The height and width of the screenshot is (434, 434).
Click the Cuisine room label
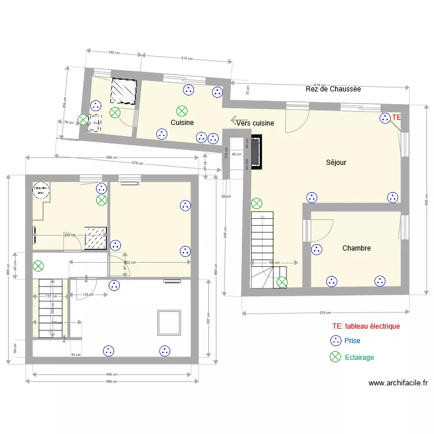(x=182, y=123)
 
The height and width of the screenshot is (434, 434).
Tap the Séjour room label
(x=336, y=163)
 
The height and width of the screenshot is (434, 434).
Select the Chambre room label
(x=356, y=248)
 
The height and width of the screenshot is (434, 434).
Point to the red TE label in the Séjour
(x=396, y=117)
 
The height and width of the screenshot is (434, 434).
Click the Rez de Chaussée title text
(x=333, y=89)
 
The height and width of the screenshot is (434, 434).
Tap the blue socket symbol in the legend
(x=335, y=341)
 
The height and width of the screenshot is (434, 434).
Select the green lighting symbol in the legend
(x=335, y=357)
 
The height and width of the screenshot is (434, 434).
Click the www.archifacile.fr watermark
(x=398, y=383)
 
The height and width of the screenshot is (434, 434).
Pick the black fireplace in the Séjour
(x=255, y=152)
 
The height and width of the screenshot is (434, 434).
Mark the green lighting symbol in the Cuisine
(x=182, y=110)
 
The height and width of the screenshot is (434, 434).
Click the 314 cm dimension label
(x=186, y=58)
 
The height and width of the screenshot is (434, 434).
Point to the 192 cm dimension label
(x=114, y=52)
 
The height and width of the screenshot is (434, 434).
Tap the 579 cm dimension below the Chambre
(x=325, y=314)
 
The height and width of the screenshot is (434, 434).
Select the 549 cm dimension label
(x=112, y=374)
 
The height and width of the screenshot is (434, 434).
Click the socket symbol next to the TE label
(x=385, y=118)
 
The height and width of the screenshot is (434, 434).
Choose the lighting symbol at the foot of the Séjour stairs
(x=282, y=282)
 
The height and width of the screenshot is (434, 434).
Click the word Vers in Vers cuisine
(x=245, y=123)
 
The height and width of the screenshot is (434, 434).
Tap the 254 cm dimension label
(x=65, y=102)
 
